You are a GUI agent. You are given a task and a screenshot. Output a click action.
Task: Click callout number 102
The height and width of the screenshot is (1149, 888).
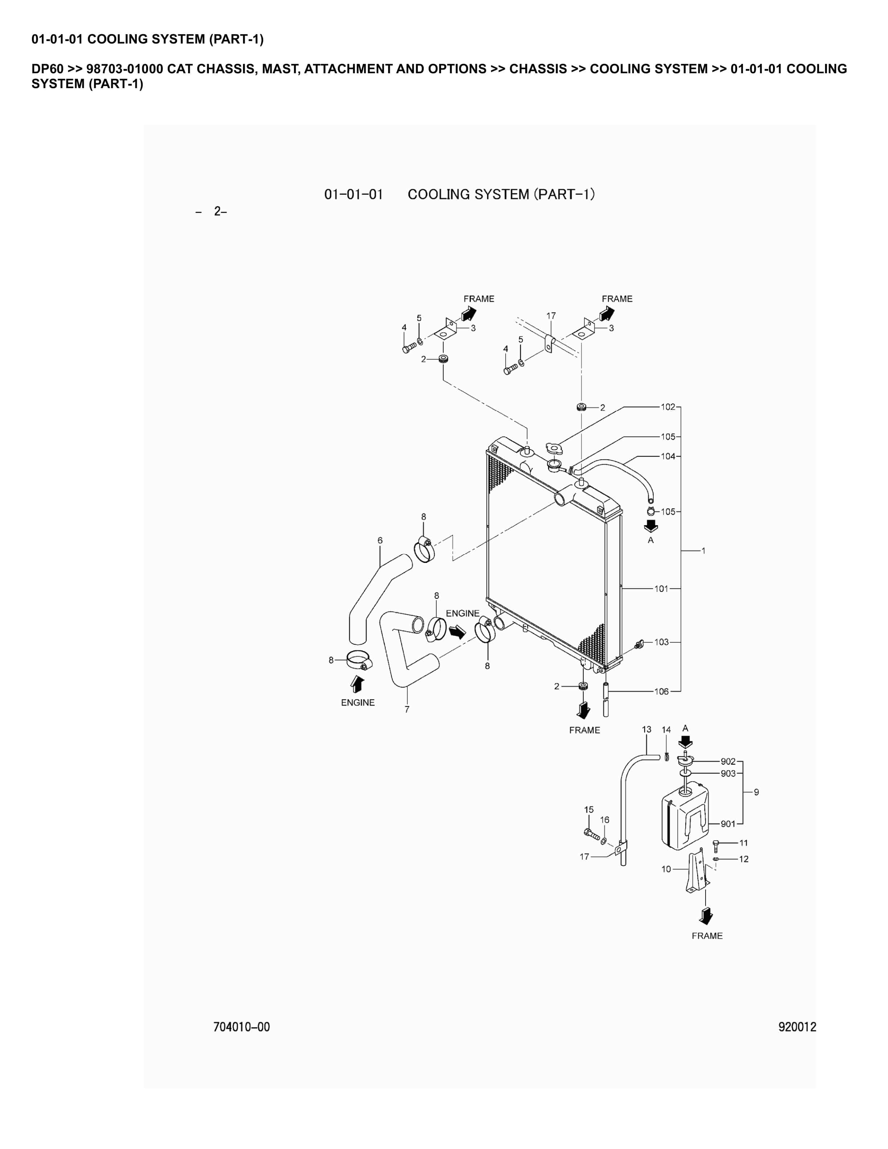coord(667,407)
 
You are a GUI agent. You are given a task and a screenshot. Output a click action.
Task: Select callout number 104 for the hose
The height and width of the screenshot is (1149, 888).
coord(667,456)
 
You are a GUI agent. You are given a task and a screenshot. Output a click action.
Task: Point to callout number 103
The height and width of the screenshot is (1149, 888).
coord(661,642)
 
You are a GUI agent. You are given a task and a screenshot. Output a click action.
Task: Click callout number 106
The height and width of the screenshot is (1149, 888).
coord(661,691)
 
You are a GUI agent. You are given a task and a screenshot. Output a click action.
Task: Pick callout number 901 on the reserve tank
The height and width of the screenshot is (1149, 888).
coord(728,824)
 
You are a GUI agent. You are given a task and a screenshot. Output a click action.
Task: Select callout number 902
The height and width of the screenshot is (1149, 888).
coord(728,761)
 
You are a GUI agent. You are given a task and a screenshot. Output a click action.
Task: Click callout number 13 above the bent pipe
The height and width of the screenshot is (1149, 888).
coord(646,729)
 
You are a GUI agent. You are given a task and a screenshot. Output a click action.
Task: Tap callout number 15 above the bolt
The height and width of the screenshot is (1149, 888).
coord(589,810)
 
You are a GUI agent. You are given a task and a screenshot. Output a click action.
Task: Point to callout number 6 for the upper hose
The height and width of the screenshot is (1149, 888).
coord(380,540)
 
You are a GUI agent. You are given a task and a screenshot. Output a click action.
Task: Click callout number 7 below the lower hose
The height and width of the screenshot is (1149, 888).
coord(407,709)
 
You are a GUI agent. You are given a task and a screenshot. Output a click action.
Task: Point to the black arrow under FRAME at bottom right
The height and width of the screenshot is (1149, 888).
coord(706,916)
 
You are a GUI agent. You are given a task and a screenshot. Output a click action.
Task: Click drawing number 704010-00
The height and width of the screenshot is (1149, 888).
coord(242,1027)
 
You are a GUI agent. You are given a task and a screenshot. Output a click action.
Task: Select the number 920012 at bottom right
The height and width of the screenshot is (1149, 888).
coord(797,1027)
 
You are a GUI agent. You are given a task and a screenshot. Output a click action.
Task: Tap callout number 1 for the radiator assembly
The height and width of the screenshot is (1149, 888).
coord(703,551)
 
